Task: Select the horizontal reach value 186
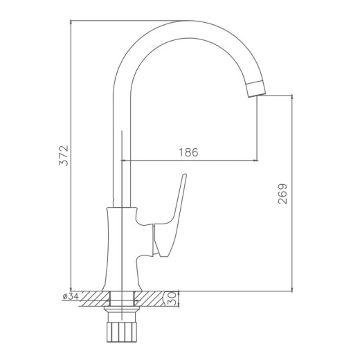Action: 187,152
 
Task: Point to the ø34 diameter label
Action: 71,297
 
